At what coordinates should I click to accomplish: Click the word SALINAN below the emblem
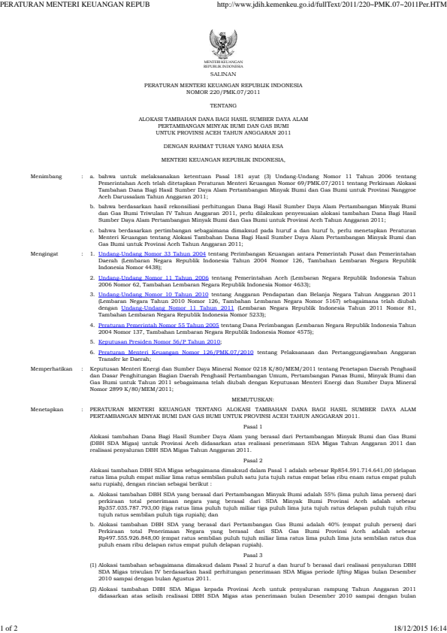click(222, 76)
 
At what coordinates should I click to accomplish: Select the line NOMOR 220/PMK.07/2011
click(222, 93)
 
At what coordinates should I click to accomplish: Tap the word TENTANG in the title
click(222, 107)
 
